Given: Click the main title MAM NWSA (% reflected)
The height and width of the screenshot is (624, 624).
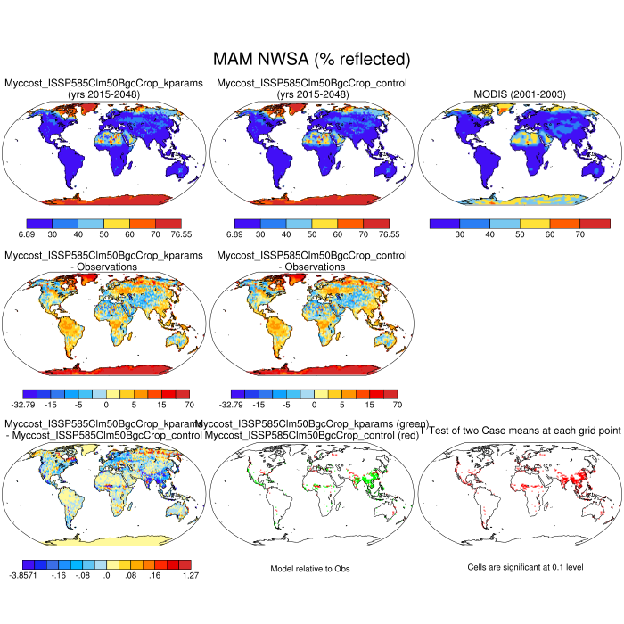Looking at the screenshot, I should point(311,59).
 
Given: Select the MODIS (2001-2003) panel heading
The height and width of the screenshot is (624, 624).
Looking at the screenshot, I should point(518,94).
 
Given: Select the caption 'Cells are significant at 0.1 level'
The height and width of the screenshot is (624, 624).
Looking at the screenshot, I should point(518,567).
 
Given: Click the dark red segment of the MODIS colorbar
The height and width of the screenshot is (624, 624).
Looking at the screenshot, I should point(595,222).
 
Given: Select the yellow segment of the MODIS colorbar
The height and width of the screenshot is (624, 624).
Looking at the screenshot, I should point(534,222).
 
